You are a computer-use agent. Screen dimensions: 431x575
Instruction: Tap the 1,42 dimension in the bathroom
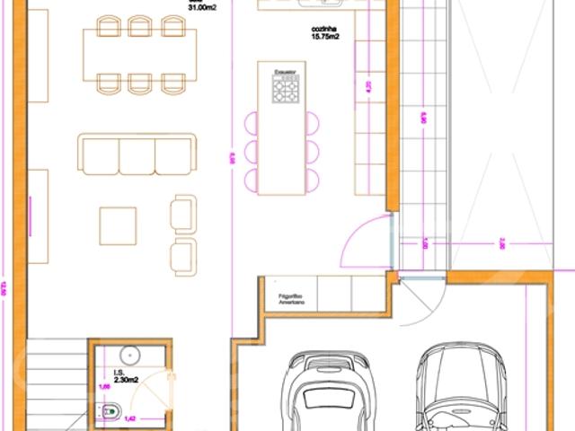click(x=130, y=417)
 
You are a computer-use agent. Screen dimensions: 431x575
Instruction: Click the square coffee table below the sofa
click(x=119, y=225)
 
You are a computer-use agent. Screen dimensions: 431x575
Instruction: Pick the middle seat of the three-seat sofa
click(x=137, y=154)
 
